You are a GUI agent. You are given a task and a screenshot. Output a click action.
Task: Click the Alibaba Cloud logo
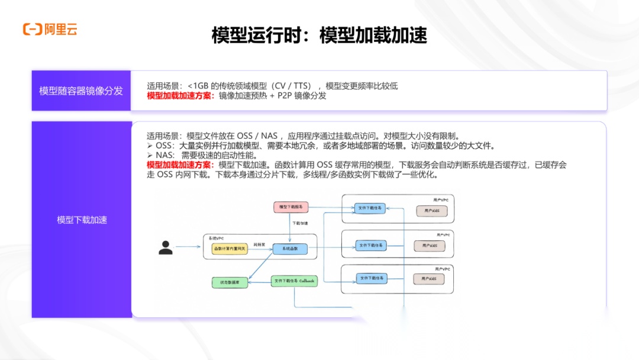[x=50, y=29]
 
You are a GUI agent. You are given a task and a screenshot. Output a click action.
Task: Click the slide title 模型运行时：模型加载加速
[x=319, y=36]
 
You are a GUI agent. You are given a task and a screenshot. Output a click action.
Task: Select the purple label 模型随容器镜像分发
[x=81, y=91]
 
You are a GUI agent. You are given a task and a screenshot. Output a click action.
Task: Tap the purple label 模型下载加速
[x=82, y=220]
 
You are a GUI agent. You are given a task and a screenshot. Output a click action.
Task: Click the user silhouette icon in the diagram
[x=166, y=247]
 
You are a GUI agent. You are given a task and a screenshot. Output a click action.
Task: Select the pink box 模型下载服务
[x=291, y=207]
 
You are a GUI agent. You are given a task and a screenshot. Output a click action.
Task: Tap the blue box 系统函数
[x=290, y=249]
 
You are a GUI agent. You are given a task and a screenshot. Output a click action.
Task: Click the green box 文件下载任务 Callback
[x=294, y=281]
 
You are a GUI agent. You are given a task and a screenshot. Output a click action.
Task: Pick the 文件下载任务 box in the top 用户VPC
[x=370, y=208]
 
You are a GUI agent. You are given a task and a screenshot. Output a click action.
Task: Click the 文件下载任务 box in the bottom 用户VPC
[x=371, y=278]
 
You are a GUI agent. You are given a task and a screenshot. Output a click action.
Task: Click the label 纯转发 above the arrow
[x=259, y=243]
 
